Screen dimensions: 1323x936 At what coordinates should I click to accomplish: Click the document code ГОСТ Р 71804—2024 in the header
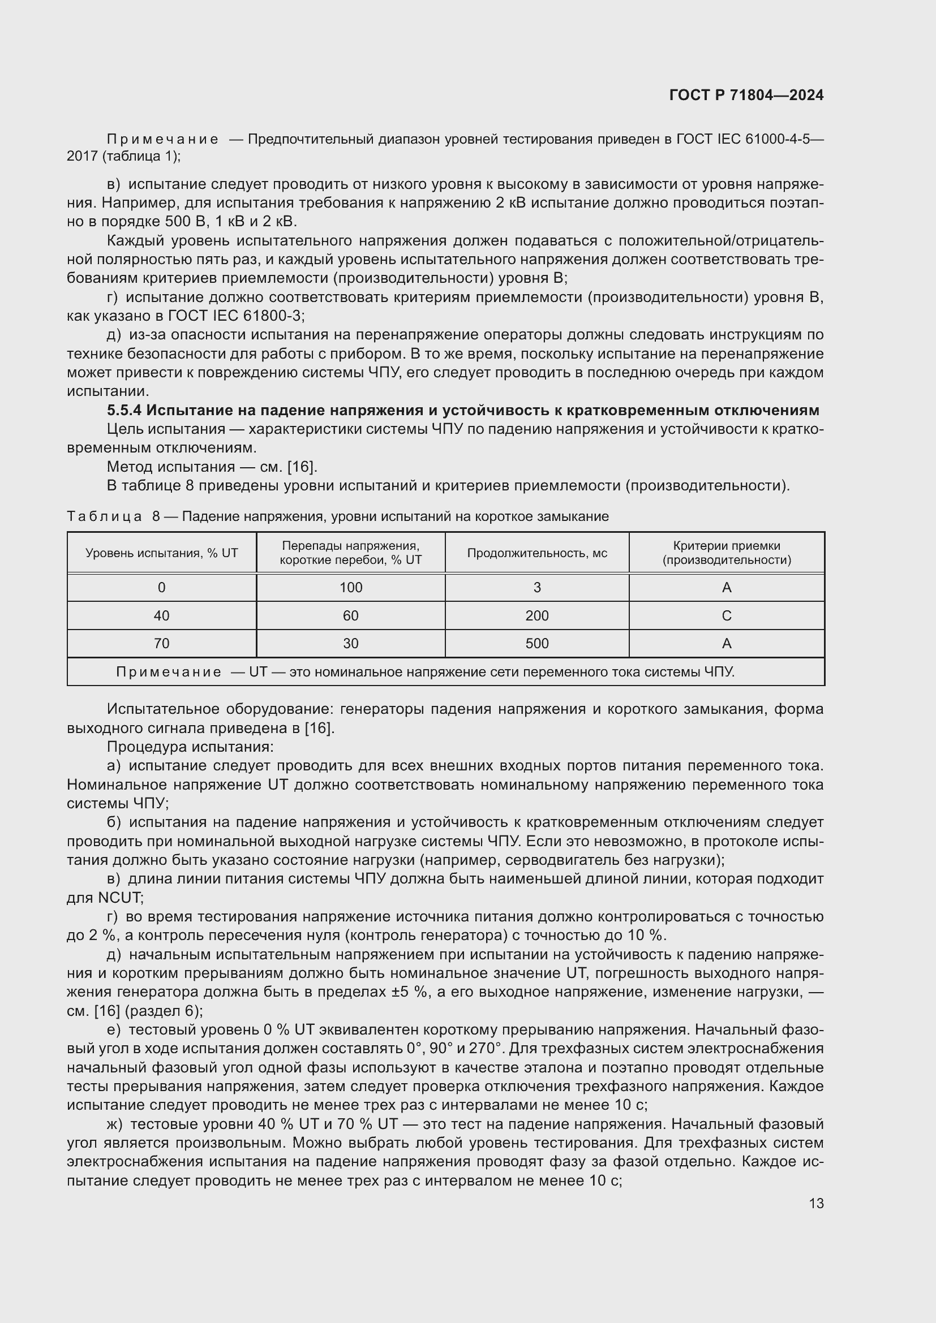(x=746, y=95)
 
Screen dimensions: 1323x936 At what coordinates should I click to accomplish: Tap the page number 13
(x=816, y=1203)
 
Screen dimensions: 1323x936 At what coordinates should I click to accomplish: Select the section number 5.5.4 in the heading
(x=124, y=410)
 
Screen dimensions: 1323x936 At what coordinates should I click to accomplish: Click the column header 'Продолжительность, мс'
(x=536, y=553)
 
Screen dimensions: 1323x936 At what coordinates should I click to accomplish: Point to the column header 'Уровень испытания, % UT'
(x=161, y=553)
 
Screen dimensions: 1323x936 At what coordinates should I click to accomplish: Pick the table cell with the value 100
(x=350, y=588)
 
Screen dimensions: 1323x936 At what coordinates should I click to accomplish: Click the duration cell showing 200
(x=536, y=616)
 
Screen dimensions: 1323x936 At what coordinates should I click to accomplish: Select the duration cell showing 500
(x=536, y=644)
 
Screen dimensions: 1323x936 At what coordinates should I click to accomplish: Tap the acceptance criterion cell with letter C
(x=726, y=616)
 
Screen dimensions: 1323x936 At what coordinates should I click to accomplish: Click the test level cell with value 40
(x=161, y=616)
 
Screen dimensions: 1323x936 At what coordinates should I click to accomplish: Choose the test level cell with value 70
(x=161, y=644)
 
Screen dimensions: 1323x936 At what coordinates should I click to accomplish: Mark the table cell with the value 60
(x=350, y=616)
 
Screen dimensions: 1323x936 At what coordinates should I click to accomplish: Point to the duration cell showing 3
(x=536, y=588)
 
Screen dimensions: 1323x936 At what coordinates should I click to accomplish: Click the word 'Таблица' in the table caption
(x=104, y=516)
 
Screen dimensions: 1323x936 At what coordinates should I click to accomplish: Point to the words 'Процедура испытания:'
(x=190, y=747)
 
